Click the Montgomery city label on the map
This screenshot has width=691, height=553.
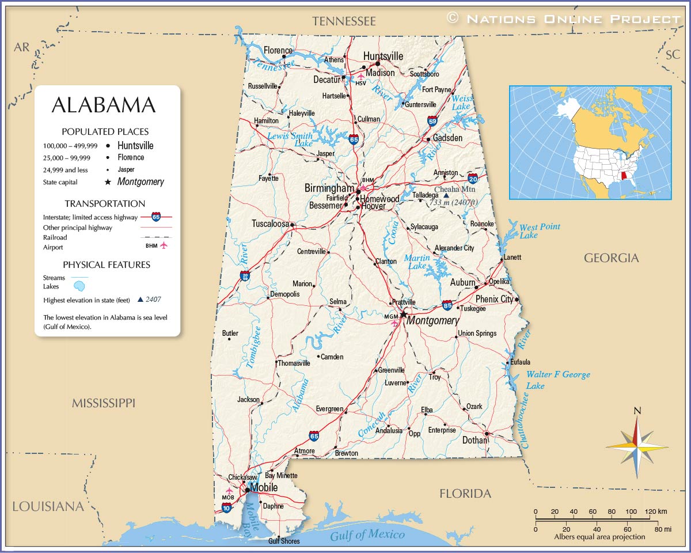click(x=432, y=321)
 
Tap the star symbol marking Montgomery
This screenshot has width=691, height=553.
click(x=404, y=315)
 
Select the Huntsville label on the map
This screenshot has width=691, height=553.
click(x=383, y=56)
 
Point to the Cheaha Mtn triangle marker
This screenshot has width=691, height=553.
click(x=446, y=195)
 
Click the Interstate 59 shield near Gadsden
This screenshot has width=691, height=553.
click(x=432, y=121)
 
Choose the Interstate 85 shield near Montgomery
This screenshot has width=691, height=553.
click(x=447, y=305)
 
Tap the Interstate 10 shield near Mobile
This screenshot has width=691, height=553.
click(x=226, y=507)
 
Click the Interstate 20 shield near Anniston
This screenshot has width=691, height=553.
click(x=473, y=178)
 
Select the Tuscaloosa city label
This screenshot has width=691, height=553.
click(x=270, y=224)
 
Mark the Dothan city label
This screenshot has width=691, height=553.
click(x=474, y=440)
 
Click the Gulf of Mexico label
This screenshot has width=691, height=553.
click(x=367, y=535)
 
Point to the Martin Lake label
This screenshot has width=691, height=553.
click(x=416, y=262)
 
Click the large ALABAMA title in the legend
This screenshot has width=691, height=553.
click(x=104, y=105)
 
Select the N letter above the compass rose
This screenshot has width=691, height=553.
click(x=637, y=411)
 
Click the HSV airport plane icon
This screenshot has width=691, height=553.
click(x=361, y=76)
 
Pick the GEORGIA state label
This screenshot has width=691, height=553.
click(x=611, y=258)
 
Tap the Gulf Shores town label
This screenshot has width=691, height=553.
click(x=284, y=541)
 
